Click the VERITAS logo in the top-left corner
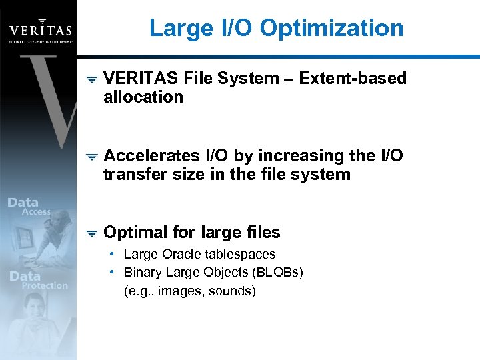point(40,29)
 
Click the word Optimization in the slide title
point(331,28)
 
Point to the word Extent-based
point(353,79)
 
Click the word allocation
point(143,97)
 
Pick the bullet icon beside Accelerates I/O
point(92,157)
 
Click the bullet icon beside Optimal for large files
point(92,233)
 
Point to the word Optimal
point(135,233)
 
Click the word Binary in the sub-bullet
point(143,272)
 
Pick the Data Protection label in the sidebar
point(37,281)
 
